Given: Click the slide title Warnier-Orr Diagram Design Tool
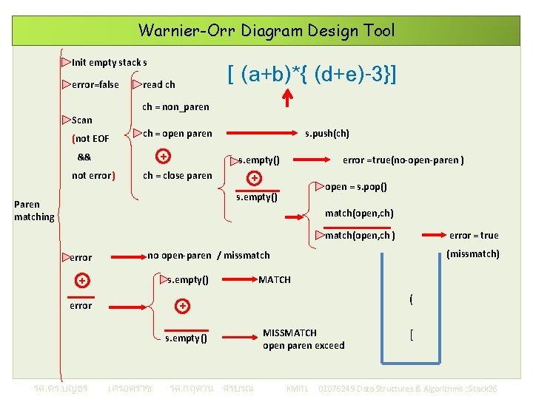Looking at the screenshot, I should tap(266, 30).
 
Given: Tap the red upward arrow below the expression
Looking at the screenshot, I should tap(288, 98).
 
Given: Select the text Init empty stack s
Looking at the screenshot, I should tap(109, 62).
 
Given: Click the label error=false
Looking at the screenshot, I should tap(95, 84).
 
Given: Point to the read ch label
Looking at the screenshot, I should tap(158, 84).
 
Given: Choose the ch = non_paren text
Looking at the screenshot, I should tap(175, 107).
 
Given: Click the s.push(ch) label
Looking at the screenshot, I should tap(327, 134).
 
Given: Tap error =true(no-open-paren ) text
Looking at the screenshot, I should tap(403, 160).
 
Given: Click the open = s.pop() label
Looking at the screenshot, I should tap(355, 187).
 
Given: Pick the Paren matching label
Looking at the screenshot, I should tap(34, 211).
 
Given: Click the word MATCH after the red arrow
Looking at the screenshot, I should tap(275, 279).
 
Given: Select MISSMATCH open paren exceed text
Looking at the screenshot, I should tap(303, 339).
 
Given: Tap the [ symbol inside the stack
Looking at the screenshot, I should tap(411, 335).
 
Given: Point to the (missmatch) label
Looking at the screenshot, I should tap(473, 254).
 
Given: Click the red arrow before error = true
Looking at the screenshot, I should tap(433, 236).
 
